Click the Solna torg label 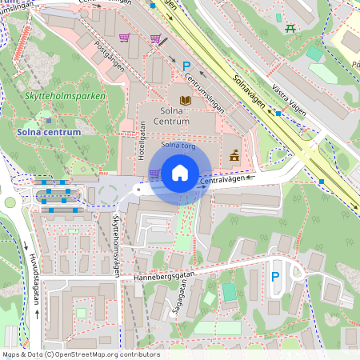(x=178, y=146)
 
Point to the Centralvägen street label (x=222, y=181)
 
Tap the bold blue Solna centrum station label (x=48, y=131)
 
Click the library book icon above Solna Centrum (x=186, y=99)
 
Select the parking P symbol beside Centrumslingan (x=186, y=66)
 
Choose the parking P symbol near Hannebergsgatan (x=274, y=277)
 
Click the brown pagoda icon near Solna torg (x=234, y=155)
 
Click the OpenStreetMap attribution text (x=80, y=354)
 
